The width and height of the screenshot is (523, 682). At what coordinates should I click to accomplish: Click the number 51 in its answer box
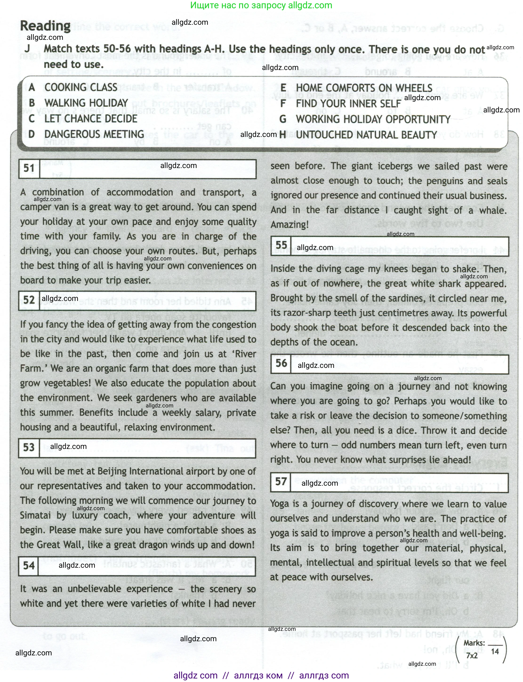pyautogui.click(x=29, y=169)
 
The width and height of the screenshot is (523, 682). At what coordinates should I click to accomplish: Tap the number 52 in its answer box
pyautogui.click(x=29, y=300)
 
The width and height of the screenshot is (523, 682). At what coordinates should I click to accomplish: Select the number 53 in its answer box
pyautogui.click(x=29, y=448)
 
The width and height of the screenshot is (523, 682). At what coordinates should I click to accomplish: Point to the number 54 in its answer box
pyautogui.click(x=29, y=566)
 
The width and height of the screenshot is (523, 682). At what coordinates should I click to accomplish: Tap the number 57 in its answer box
pyautogui.click(x=281, y=482)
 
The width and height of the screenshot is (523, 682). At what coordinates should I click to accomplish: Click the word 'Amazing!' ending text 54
pyautogui.click(x=290, y=225)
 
